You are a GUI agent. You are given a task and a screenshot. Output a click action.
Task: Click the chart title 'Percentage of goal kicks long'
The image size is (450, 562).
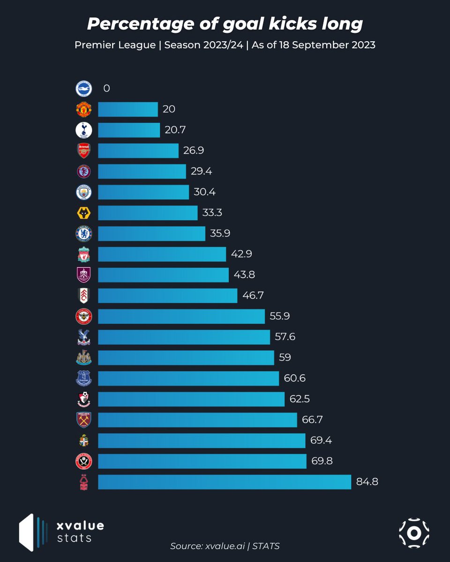pos(225,24)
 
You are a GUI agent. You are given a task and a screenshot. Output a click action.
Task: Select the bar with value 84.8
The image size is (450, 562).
pos(224,482)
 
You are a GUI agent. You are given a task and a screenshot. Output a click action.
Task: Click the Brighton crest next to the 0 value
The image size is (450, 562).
pos(84,89)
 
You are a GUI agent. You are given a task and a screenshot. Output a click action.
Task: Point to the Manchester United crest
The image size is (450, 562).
pos(84,109)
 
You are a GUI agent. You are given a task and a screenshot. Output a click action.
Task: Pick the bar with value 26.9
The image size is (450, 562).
pos(138,150)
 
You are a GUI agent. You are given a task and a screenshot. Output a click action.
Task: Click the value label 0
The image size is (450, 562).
pos(106,89)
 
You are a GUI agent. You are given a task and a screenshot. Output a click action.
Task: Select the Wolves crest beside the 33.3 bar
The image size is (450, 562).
pos(84,213)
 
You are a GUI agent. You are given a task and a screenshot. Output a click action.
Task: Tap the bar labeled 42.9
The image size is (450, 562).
pos(162,254)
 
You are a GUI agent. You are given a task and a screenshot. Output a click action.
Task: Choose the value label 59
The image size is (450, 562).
pos(285,357)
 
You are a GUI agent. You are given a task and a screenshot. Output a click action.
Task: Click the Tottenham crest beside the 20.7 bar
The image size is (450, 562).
pos(84,130)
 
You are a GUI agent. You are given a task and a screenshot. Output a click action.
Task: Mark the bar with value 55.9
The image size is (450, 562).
pos(181,316)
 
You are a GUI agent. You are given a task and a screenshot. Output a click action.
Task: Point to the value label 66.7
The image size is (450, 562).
pos(312,420)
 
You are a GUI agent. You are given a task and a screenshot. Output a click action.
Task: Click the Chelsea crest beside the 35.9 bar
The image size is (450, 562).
pos(84,233)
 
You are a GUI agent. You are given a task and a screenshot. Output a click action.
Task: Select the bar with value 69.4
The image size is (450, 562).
pos(202,440)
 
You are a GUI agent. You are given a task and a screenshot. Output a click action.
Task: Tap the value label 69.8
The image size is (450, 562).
pos(322,461)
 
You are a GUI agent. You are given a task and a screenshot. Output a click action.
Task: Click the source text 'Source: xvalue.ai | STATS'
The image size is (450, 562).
pos(225,546)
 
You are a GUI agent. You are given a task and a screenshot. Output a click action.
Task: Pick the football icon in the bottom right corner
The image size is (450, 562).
pos(414,532)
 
